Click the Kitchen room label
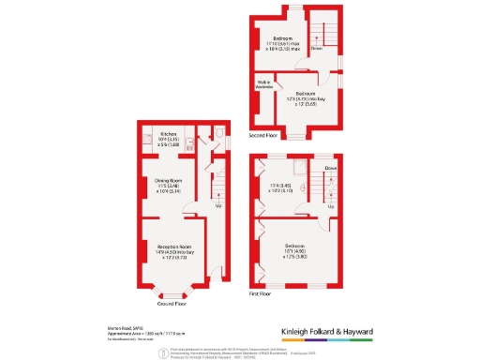[169, 134]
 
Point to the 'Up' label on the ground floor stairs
[218, 205]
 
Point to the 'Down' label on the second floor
[316, 46]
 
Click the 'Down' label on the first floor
[330, 169]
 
